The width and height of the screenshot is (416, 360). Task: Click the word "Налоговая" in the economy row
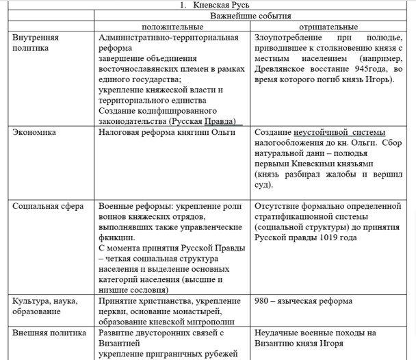[x=118, y=132]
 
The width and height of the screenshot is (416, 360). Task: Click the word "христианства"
[x=166, y=301]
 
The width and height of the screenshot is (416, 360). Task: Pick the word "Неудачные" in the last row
[x=276, y=333]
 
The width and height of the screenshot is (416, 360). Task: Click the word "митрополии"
[x=213, y=322]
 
